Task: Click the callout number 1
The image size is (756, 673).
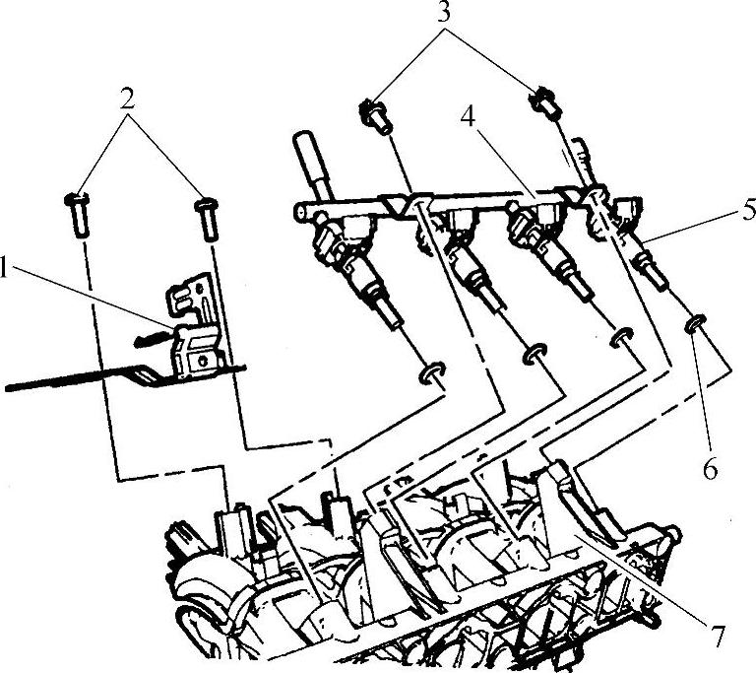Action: tap(4, 266)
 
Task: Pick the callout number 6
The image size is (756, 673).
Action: tap(709, 469)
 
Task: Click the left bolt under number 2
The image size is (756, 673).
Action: tap(78, 215)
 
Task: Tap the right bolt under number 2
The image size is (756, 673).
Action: tap(207, 219)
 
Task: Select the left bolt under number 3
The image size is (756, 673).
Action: tap(376, 117)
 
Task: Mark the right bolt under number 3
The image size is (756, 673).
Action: tap(543, 102)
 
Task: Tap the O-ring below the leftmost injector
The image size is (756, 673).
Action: tap(431, 372)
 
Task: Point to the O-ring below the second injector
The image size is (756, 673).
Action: tap(535, 355)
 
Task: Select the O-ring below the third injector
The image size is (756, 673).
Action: tap(622, 338)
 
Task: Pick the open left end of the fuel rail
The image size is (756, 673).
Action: tap(300, 213)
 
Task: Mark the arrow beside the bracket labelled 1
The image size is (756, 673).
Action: tap(154, 337)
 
